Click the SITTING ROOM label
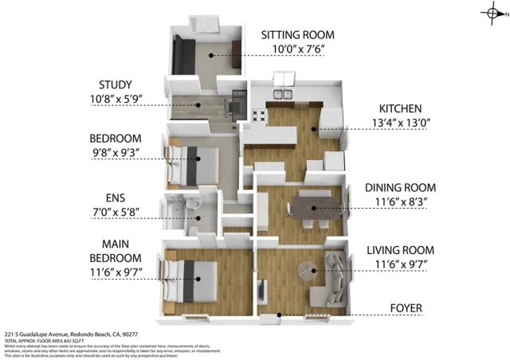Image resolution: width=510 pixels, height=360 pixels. (x=299, y=35)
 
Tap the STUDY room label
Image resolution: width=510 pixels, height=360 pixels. (x=116, y=84)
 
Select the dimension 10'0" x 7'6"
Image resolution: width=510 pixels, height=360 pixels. (x=299, y=49)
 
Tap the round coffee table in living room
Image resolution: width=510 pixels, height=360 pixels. (x=308, y=271)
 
